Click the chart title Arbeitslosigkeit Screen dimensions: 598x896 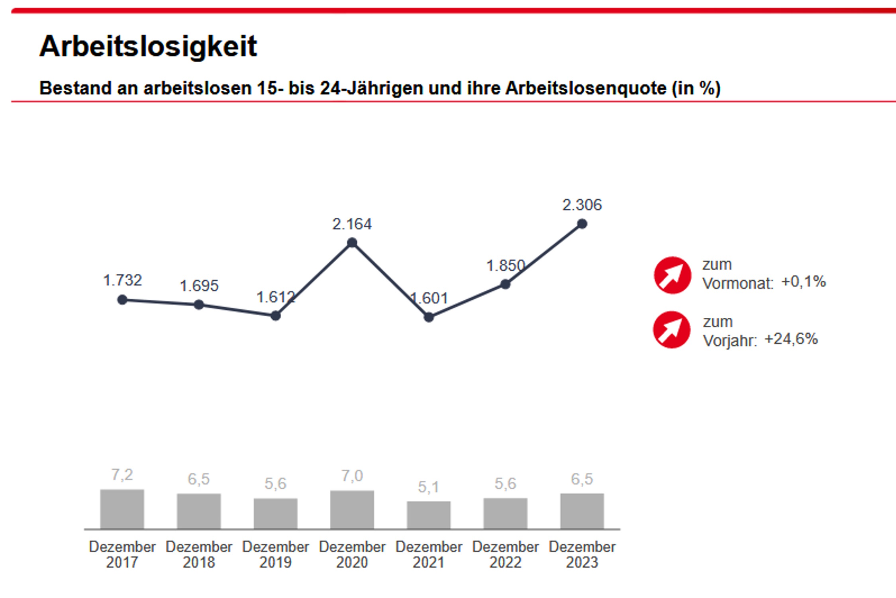[x=148, y=47]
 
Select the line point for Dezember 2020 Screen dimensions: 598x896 [x=352, y=243]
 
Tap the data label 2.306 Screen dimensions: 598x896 [x=582, y=205]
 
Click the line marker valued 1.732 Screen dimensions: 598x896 [x=122, y=300]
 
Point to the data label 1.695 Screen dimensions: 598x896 [x=199, y=286]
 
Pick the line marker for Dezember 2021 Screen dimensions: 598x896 [x=429, y=317]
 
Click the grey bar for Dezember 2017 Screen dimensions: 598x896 [x=122, y=509]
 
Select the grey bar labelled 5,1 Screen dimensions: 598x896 [x=429, y=515]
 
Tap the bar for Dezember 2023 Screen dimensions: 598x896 [x=582, y=511]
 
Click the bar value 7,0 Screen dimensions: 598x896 [x=352, y=476]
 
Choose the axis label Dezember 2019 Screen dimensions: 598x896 [x=275, y=554]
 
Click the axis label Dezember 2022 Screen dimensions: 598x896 [x=505, y=554]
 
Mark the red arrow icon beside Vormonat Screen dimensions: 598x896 [x=672, y=275]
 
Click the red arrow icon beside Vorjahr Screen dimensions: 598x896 [x=671, y=330]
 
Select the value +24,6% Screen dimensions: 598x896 [x=791, y=339]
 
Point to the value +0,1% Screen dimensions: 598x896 [x=803, y=282]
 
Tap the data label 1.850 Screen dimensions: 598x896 [x=505, y=266]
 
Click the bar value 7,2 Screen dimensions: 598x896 [x=122, y=475]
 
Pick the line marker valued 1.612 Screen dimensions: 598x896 [x=275, y=316]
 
